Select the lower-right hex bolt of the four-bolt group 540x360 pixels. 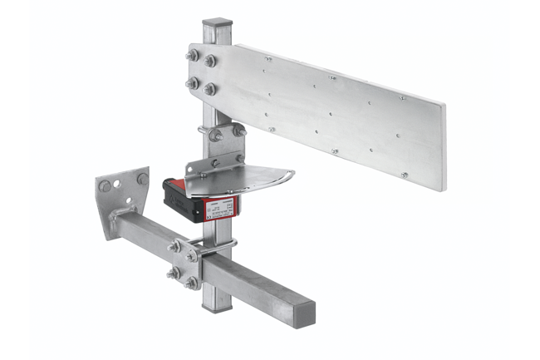[211, 88]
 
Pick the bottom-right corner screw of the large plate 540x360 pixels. [404, 175]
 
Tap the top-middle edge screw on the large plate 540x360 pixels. [333, 78]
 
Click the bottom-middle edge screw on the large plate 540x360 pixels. [334, 151]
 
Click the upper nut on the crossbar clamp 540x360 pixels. [176, 245]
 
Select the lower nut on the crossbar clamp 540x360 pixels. [176, 275]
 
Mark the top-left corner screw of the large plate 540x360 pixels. [268, 60]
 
